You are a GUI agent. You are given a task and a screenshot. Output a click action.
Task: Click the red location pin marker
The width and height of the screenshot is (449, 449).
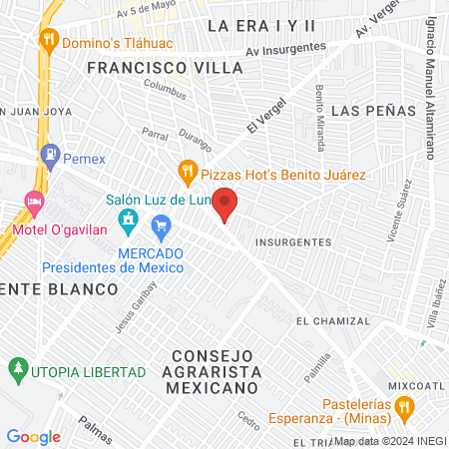[226, 204]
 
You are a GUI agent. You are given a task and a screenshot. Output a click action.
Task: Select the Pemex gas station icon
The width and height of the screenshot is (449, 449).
[50, 156]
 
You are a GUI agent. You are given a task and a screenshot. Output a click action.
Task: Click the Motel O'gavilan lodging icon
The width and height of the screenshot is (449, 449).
[34, 203]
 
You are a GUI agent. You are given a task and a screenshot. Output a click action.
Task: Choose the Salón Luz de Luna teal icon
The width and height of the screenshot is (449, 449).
[127, 218]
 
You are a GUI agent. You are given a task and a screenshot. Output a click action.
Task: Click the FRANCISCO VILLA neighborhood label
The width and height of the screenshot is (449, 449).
[165, 68]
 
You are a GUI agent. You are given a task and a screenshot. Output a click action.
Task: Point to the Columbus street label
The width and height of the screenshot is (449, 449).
[165, 89]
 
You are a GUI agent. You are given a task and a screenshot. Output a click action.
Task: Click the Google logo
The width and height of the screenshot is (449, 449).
[34, 436]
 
